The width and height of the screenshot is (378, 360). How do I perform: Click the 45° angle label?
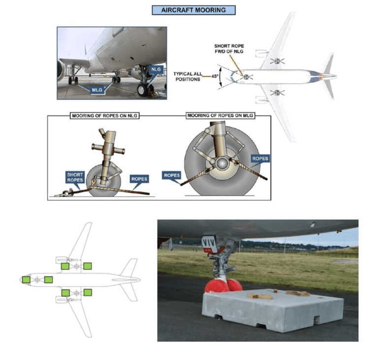point(215,76)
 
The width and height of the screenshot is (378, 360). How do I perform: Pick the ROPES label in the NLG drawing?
point(139,180)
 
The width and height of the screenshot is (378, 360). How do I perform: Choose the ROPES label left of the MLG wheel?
point(172,175)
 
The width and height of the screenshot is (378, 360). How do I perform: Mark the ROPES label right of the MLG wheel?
point(260,159)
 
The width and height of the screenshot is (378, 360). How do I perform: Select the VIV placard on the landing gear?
point(209,242)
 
